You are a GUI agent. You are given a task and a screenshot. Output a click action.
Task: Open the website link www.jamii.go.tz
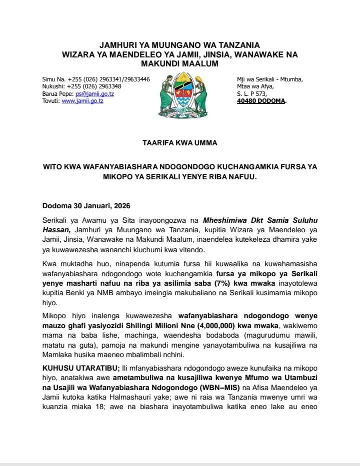click(82, 101)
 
